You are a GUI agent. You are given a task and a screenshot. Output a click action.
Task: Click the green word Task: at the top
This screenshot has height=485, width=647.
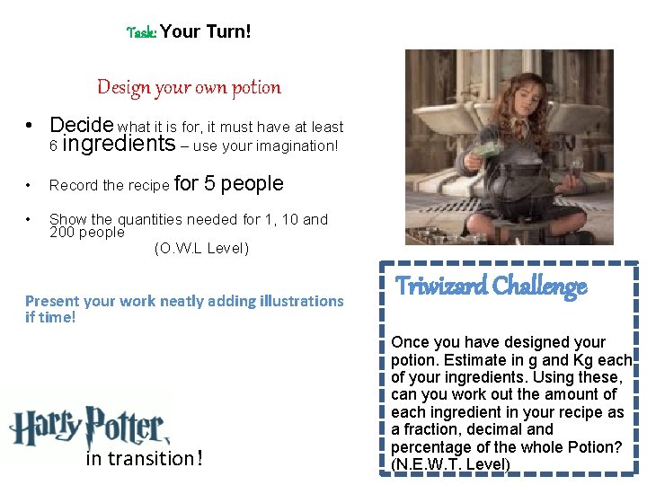142,32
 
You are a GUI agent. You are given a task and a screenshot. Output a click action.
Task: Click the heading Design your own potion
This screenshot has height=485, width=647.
189,87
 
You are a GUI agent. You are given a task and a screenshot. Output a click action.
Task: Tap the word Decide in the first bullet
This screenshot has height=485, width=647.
82,125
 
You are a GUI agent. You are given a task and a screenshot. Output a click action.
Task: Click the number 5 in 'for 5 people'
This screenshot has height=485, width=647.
208,183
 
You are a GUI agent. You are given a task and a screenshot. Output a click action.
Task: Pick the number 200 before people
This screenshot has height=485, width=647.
62,233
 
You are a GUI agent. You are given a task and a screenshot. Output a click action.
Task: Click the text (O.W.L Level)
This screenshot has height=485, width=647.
201,248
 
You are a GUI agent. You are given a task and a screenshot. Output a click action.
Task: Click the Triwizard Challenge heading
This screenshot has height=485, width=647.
491,287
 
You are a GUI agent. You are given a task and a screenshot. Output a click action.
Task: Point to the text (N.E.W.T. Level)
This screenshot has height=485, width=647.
450,464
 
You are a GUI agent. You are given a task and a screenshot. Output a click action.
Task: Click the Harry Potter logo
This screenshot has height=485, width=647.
87,425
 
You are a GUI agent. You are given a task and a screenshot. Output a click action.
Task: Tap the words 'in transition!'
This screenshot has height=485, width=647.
144,458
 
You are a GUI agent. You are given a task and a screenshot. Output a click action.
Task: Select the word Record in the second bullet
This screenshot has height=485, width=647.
74,185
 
